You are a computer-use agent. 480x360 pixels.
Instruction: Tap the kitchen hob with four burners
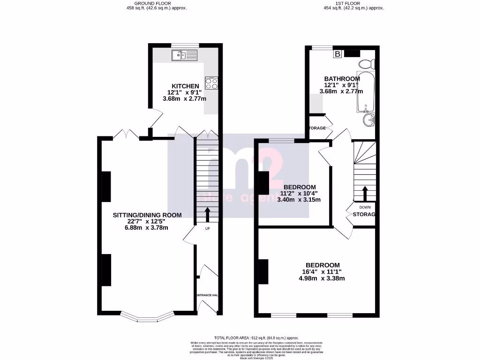(x=211, y=83)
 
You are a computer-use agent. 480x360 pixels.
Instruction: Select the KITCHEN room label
(x=185, y=86)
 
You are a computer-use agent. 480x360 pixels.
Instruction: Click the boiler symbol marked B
(x=337, y=54)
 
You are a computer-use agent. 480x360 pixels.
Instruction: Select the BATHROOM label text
(x=342, y=79)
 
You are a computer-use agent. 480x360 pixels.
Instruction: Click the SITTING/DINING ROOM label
(x=147, y=215)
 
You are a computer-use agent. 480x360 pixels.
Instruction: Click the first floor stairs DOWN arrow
(x=363, y=193)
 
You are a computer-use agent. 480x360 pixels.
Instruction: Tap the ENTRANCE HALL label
(x=207, y=295)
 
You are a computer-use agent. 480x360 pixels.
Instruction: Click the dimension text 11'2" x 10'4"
(x=300, y=193)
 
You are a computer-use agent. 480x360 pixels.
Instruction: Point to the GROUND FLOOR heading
(x=146, y=3)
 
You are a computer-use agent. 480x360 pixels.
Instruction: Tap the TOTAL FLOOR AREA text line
(x=256, y=338)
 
